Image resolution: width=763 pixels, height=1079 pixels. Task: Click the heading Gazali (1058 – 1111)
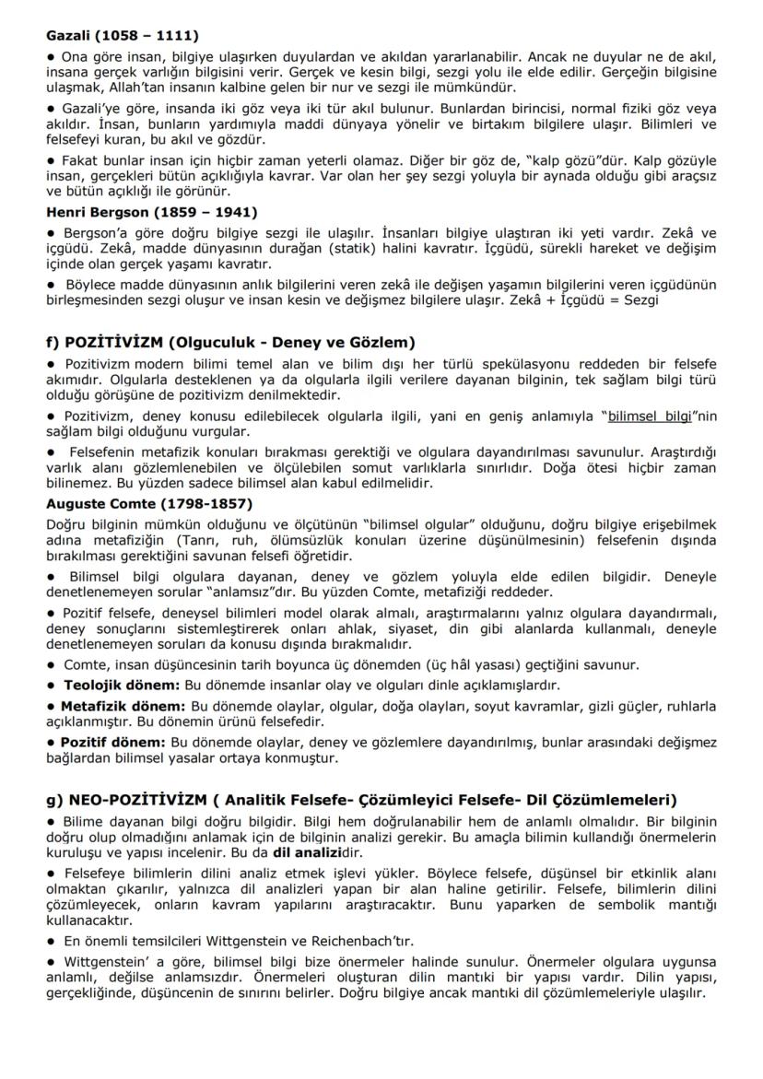(122, 36)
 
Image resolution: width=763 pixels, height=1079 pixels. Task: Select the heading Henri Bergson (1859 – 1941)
(152, 211)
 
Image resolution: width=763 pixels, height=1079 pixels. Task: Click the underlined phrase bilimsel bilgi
(649, 416)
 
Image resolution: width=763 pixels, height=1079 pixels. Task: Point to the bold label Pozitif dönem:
(113, 742)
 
